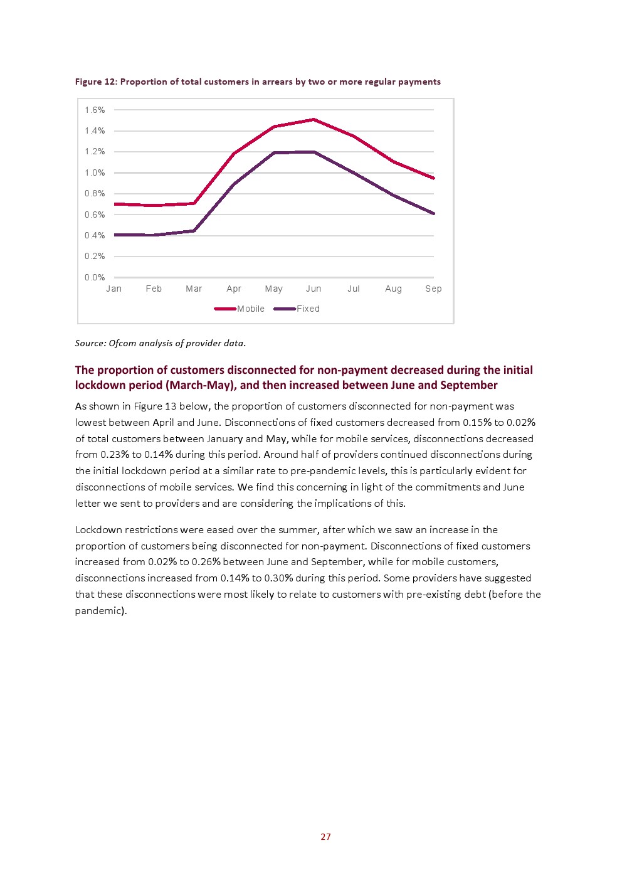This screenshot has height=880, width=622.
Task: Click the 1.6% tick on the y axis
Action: tap(95, 110)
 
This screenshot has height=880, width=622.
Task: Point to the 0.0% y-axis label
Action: tap(95, 277)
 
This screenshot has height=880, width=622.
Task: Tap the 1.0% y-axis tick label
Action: tap(95, 173)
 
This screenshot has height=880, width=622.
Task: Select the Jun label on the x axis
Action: tap(314, 289)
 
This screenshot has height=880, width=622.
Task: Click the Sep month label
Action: tap(433, 289)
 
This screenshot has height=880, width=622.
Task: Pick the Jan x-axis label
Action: tap(114, 289)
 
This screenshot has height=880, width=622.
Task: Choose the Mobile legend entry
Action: tap(239, 309)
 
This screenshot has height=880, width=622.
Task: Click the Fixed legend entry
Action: tap(297, 309)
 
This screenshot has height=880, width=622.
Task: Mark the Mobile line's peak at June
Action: tap(314, 119)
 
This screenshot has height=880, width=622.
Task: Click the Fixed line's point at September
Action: tap(433, 213)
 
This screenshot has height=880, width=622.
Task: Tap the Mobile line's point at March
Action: tap(194, 203)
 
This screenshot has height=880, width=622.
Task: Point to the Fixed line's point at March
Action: tap(194, 231)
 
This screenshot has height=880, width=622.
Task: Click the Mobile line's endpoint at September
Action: tap(433, 178)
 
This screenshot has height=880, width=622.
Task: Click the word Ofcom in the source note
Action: tap(122, 343)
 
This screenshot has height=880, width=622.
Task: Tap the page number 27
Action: tap(325, 837)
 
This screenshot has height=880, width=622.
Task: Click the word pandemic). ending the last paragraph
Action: tap(101, 611)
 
